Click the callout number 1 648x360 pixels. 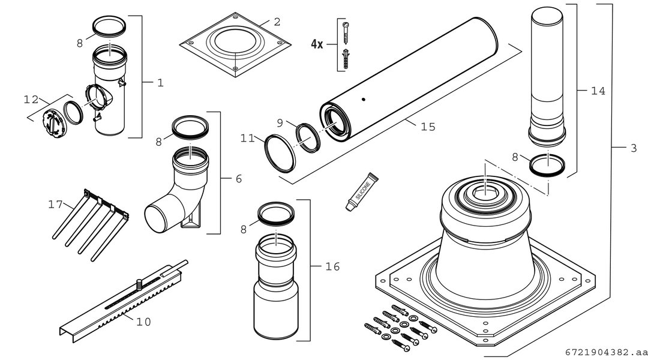(x=160, y=83)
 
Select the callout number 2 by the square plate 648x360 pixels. (x=277, y=22)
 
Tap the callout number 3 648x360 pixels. (x=634, y=148)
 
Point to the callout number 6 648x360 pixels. (x=238, y=179)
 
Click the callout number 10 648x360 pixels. (x=143, y=322)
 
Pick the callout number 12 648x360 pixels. (x=31, y=100)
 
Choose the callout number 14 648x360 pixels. (x=598, y=91)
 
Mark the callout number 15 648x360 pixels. (x=428, y=127)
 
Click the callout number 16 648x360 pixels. (x=332, y=266)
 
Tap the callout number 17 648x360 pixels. (x=55, y=204)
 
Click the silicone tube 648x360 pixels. (x=362, y=191)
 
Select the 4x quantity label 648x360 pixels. (x=317, y=44)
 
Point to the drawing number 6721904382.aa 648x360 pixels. (x=606, y=353)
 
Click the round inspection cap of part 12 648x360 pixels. (x=54, y=123)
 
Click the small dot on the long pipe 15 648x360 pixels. (x=363, y=99)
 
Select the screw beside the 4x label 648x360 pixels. (x=346, y=33)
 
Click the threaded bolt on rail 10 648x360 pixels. (x=139, y=286)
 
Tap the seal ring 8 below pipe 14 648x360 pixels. (x=547, y=166)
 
